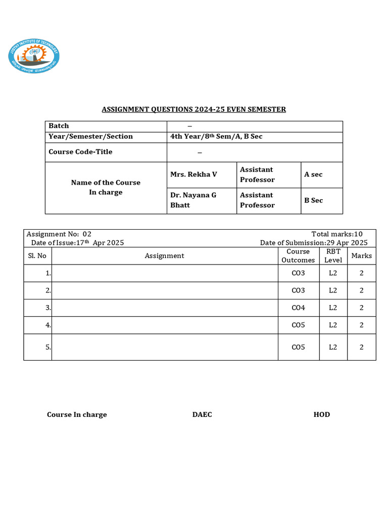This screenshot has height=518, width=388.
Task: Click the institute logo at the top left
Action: coord(34,55)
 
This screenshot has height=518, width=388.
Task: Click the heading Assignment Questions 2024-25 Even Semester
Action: coord(194,109)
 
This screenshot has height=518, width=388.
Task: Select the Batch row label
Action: coord(59,126)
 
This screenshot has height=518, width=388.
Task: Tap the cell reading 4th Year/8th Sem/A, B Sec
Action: coord(216,137)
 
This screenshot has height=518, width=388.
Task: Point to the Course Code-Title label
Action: coord(80,152)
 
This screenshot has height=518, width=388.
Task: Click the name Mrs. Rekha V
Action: coord(193,175)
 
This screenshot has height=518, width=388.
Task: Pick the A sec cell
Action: coord(313,175)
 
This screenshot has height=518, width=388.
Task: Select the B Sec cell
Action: coord(313,200)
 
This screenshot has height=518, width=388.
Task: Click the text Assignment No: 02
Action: coord(59,234)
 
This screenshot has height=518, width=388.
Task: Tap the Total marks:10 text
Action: coord(337,234)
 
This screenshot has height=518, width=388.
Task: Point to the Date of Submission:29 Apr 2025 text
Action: coord(314,243)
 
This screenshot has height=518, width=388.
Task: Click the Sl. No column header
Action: coord(37,256)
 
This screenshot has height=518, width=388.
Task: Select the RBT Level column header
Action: coord(333,256)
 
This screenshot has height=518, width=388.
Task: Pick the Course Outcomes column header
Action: coord(298,256)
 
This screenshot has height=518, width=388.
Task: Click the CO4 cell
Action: coord(298,308)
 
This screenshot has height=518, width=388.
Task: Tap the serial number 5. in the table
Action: coord(48,348)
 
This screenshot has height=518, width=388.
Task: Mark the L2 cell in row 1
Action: coord(333,273)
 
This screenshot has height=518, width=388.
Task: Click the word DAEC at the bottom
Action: coord(202,415)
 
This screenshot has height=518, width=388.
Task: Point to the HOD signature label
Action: coord(321,415)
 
